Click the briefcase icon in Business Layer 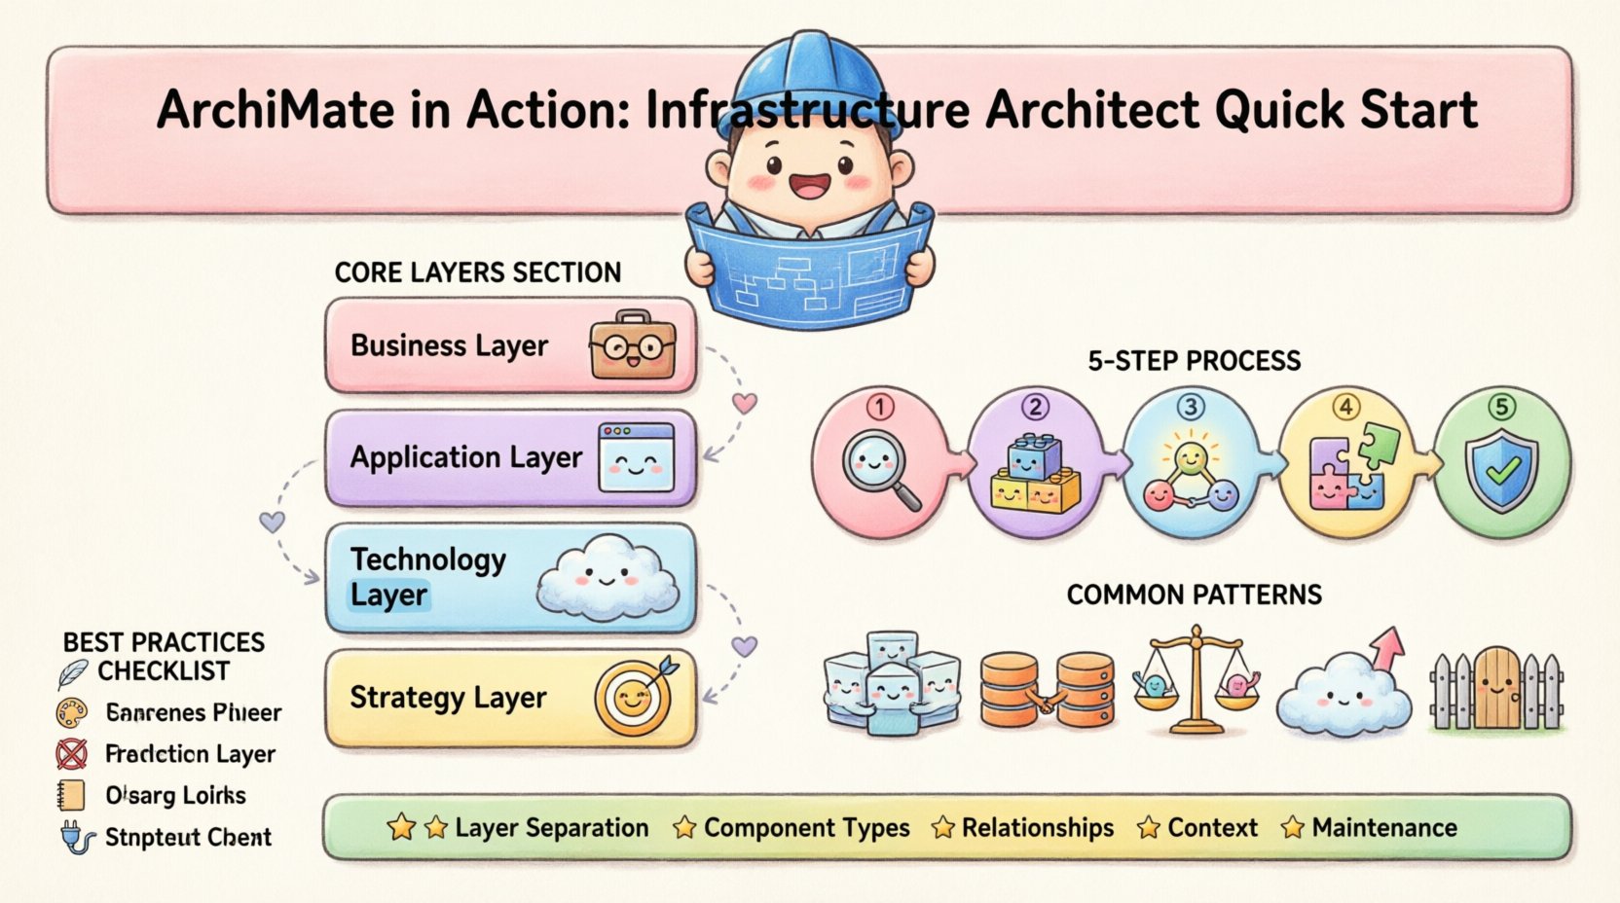(x=632, y=345)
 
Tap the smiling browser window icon (x=637, y=457)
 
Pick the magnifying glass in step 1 (x=880, y=468)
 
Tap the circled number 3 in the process (x=1191, y=406)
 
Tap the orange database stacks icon (x=1047, y=691)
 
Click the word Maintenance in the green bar (x=1384, y=828)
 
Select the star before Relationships (x=942, y=828)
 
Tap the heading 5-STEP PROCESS (x=1194, y=361)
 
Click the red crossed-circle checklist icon (x=71, y=754)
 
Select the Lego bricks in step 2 (x=1035, y=474)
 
